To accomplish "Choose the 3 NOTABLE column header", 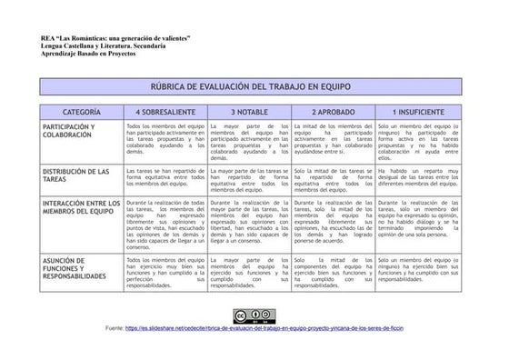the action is pyautogui.click(x=248, y=110).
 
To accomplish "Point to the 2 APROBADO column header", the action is pyautogui.click(x=333, y=110).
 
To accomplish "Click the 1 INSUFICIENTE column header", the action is pyautogui.click(x=419, y=110).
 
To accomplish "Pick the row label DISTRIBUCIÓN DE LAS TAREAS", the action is pyautogui.click(x=76, y=175).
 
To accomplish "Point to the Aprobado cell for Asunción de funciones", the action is pyautogui.click(x=333, y=273).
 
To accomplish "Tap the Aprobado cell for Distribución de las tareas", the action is pyautogui.click(x=333, y=179).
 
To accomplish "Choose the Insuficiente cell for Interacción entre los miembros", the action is pyautogui.click(x=419, y=218).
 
